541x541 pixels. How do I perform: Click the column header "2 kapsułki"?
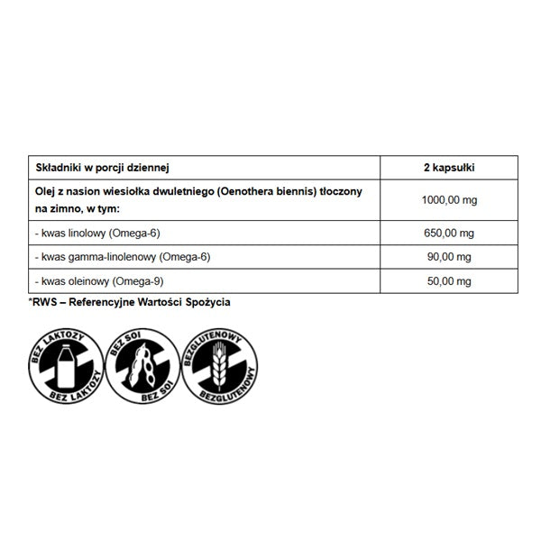[448, 168]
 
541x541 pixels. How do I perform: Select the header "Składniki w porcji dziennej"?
[102, 168]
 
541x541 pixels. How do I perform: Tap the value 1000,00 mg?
[448, 199]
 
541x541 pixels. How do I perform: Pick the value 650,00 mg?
[448, 232]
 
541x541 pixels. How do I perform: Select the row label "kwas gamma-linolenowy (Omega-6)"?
[122, 257]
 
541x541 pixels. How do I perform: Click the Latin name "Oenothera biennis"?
[268, 191]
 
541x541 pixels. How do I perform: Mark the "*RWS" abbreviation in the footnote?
[42, 302]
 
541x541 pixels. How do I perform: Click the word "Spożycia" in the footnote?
[208, 302]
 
